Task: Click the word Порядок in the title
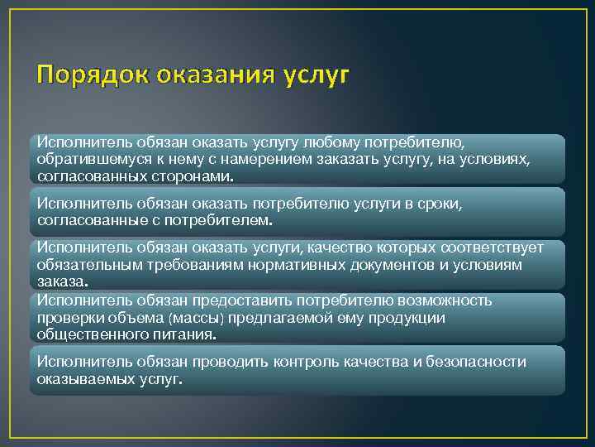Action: pyautogui.click(x=83, y=76)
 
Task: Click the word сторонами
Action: pyautogui.click(x=193, y=177)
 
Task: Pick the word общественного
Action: pyautogui.click(x=89, y=334)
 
